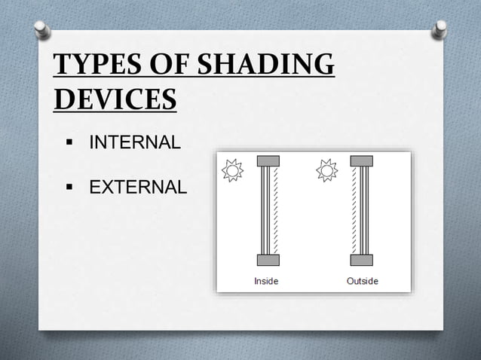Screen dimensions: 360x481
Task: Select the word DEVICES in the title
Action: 115,99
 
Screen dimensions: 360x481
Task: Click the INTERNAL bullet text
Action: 135,142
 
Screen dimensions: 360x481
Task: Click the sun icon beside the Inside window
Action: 232,171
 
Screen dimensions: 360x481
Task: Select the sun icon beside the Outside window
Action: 327,171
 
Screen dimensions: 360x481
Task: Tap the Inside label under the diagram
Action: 267,281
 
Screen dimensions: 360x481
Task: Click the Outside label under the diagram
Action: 362,281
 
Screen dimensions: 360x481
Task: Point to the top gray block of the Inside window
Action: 268,160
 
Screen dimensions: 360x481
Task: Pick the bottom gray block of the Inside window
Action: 268,260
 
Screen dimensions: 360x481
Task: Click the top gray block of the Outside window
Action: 362,160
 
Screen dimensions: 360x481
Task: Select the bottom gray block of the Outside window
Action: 362,260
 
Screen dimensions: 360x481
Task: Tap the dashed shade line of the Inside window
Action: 276,211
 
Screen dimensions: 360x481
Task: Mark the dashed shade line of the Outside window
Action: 353,211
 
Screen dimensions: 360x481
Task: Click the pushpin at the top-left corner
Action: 43,29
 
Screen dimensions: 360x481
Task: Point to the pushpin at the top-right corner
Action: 440,29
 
